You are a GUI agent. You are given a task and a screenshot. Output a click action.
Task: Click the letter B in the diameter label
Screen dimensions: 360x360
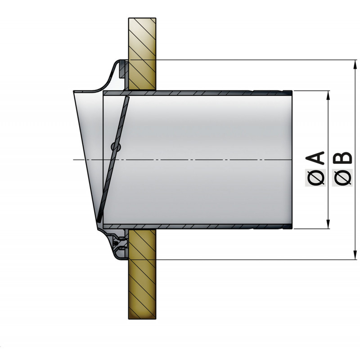(x=343, y=158)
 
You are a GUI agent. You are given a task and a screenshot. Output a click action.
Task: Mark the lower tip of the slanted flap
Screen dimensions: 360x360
(x=97, y=219)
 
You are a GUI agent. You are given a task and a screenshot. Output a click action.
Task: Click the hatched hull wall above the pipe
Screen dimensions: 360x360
(x=142, y=40)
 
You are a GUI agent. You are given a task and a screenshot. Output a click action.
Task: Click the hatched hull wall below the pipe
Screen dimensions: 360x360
(x=142, y=288)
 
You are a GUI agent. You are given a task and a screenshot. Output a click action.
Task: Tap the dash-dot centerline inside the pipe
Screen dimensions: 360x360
(x=202, y=160)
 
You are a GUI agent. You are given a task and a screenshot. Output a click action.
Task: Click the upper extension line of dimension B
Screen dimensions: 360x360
(x=252, y=60)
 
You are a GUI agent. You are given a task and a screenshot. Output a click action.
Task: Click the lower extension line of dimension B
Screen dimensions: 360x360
(x=252, y=260)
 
